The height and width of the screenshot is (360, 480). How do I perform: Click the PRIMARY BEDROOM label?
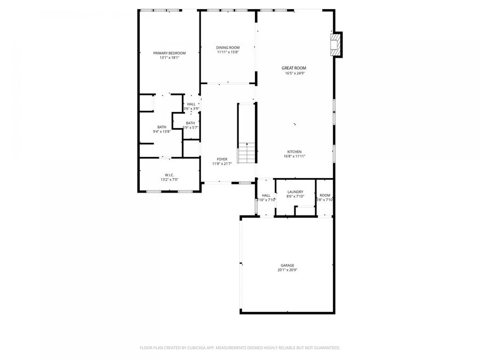169,53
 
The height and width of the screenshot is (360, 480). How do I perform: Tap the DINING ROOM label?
228,47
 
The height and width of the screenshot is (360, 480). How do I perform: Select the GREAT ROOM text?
294,68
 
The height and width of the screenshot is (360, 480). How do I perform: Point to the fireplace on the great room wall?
335,45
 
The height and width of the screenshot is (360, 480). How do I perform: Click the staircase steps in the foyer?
246,154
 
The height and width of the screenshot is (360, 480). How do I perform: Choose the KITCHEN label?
294,151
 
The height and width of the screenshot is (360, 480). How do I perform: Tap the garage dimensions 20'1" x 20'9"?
287,270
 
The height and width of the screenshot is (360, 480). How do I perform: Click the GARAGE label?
287,265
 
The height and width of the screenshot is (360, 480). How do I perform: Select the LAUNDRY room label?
295,192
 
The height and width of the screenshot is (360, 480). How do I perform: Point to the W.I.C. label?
169,175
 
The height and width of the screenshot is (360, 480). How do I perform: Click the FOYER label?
222,159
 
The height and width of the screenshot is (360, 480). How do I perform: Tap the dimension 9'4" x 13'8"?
162,131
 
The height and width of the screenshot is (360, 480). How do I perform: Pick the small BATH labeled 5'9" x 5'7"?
190,123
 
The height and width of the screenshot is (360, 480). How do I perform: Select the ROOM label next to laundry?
325,195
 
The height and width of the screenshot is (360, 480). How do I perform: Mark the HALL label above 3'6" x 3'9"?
191,104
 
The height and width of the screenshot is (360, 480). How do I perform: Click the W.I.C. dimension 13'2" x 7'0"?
169,180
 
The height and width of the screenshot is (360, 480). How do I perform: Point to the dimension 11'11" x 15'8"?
228,52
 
